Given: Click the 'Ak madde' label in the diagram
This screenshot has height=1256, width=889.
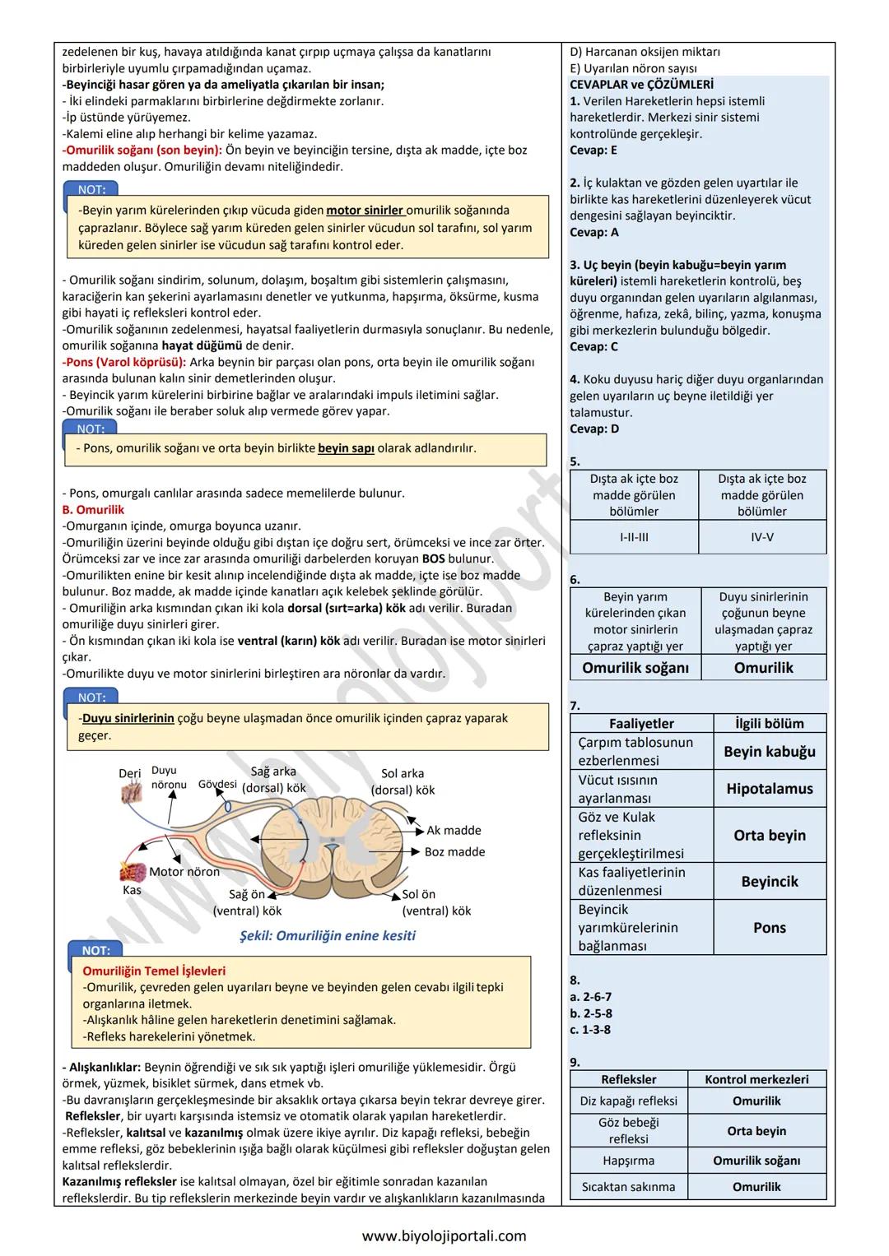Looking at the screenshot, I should pyautogui.click(x=454, y=831).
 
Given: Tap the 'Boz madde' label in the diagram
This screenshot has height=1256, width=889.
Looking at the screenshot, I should pyautogui.click(x=454, y=852).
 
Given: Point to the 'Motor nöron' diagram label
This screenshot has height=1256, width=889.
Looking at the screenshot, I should pyautogui.click(x=184, y=872).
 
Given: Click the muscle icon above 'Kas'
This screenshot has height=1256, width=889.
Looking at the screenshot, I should pyautogui.click(x=132, y=871).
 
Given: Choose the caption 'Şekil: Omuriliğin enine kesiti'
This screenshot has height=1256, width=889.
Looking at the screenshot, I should pyautogui.click(x=327, y=936).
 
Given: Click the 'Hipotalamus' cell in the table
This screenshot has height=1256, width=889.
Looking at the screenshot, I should pyautogui.click(x=770, y=789).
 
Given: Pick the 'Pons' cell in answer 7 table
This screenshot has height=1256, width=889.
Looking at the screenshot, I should pyautogui.click(x=770, y=928).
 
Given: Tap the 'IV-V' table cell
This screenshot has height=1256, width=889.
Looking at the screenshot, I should pyautogui.click(x=762, y=537).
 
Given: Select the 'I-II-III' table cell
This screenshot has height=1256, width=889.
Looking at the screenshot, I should pyautogui.click(x=634, y=537).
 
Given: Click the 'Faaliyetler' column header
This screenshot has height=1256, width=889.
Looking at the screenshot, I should pyautogui.click(x=641, y=724).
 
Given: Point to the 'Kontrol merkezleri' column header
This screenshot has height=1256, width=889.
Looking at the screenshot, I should pyautogui.click(x=756, y=1079).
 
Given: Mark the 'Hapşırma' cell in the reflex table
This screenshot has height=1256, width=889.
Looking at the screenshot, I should pyautogui.click(x=629, y=1161).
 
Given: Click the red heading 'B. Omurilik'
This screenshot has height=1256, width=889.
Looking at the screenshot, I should pyautogui.click(x=93, y=510).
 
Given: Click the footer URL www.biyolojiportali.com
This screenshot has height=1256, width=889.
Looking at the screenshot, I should pyautogui.click(x=444, y=1236).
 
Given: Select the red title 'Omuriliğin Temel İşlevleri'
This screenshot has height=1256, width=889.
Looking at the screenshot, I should pyautogui.click(x=154, y=971).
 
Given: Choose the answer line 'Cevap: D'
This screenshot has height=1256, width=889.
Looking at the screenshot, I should pyautogui.click(x=594, y=429).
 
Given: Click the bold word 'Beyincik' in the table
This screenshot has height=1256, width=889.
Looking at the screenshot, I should pyautogui.click(x=770, y=882).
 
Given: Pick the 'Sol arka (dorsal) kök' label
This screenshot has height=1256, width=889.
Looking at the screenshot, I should pyautogui.click(x=403, y=781).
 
